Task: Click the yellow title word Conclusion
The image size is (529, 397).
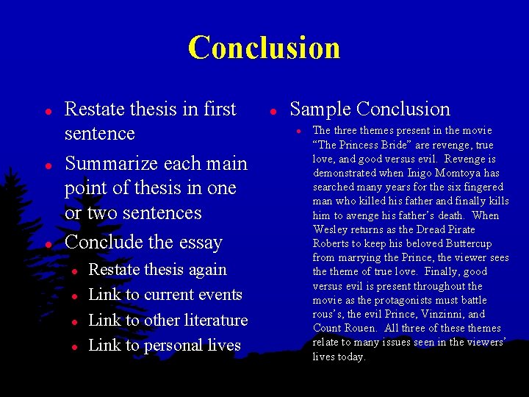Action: coord(264,48)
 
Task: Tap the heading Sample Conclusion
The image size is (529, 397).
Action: coord(370,110)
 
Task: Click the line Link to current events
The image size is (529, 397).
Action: coord(165,295)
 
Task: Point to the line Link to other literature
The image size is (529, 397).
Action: coord(168,321)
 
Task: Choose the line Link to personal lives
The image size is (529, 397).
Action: coord(165,346)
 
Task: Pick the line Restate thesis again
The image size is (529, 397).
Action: coord(157,270)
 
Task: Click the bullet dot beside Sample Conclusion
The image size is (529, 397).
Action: coord(272,111)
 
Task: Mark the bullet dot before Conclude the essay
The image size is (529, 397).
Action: coord(47,243)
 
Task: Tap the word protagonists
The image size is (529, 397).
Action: coord(397,301)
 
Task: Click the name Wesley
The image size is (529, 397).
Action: coord(331,230)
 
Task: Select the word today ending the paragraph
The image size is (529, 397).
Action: coord(350,357)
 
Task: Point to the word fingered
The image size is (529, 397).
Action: coord(475,187)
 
